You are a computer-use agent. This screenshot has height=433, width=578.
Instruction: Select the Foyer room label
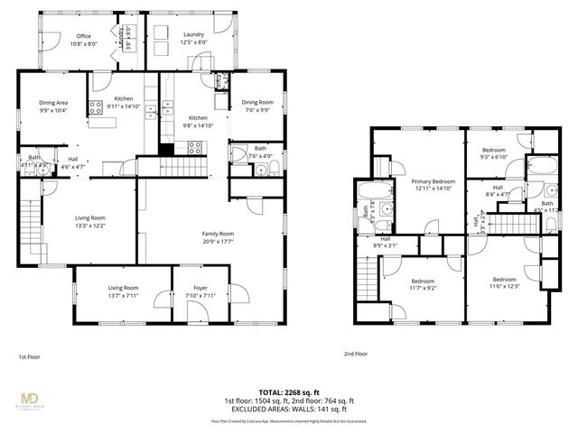click(194, 291)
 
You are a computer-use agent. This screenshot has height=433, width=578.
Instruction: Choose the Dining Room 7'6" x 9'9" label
click(258, 106)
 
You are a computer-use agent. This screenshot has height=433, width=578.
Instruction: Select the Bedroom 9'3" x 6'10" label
click(493, 153)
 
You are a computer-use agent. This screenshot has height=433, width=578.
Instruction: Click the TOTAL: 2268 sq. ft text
click(288, 392)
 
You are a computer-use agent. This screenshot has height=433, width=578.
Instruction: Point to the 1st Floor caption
click(30, 356)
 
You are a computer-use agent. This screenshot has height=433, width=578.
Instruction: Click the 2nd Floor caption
click(356, 355)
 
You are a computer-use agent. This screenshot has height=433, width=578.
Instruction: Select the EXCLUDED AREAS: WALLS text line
click(288, 410)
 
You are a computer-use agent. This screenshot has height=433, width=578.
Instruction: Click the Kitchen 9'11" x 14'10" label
click(124, 102)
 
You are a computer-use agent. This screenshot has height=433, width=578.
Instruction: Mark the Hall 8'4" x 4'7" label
click(498, 190)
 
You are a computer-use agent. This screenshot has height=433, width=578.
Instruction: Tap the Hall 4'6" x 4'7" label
click(72, 162)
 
